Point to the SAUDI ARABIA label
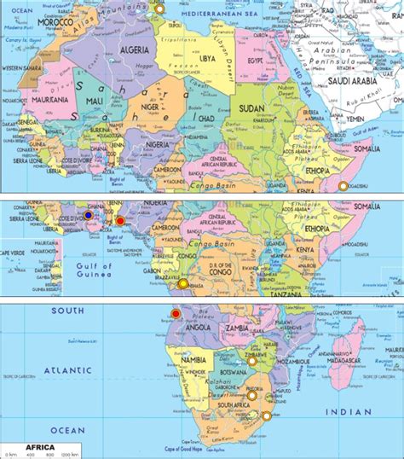(x=354, y=82)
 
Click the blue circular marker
(x=87, y=217)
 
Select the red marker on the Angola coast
(x=176, y=314)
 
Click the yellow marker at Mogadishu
(x=343, y=185)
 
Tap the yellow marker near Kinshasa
(x=183, y=283)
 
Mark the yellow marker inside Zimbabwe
(x=252, y=361)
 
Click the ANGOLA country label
(x=198, y=329)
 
